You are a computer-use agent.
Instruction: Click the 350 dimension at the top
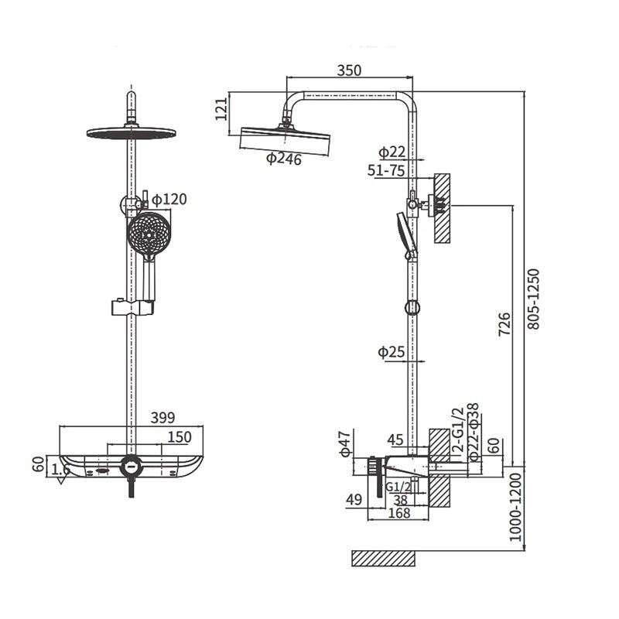[349, 70]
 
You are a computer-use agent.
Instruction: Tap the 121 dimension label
[221, 109]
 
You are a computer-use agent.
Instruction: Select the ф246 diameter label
[283, 159]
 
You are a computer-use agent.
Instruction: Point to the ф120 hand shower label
[169, 200]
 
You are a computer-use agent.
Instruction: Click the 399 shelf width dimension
[162, 418]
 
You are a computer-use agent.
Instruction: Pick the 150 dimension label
[180, 437]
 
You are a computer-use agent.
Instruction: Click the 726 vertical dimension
[504, 324]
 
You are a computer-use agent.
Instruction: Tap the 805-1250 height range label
[533, 299]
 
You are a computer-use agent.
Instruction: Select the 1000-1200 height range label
[515, 508]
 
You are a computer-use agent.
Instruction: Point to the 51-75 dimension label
[386, 170]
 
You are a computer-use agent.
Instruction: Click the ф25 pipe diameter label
[392, 351]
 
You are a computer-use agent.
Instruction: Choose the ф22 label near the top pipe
[392, 152]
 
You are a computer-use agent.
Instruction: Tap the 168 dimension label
[399, 513]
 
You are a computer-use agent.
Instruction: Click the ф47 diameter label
[345, 443]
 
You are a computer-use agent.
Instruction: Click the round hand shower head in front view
[149, 234]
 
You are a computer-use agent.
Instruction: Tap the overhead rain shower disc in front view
[131, 133]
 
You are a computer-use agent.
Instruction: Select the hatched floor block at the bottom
[383, 558]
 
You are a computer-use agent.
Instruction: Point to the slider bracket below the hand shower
[132, 307]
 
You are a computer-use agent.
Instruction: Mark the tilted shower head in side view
[285, 139]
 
